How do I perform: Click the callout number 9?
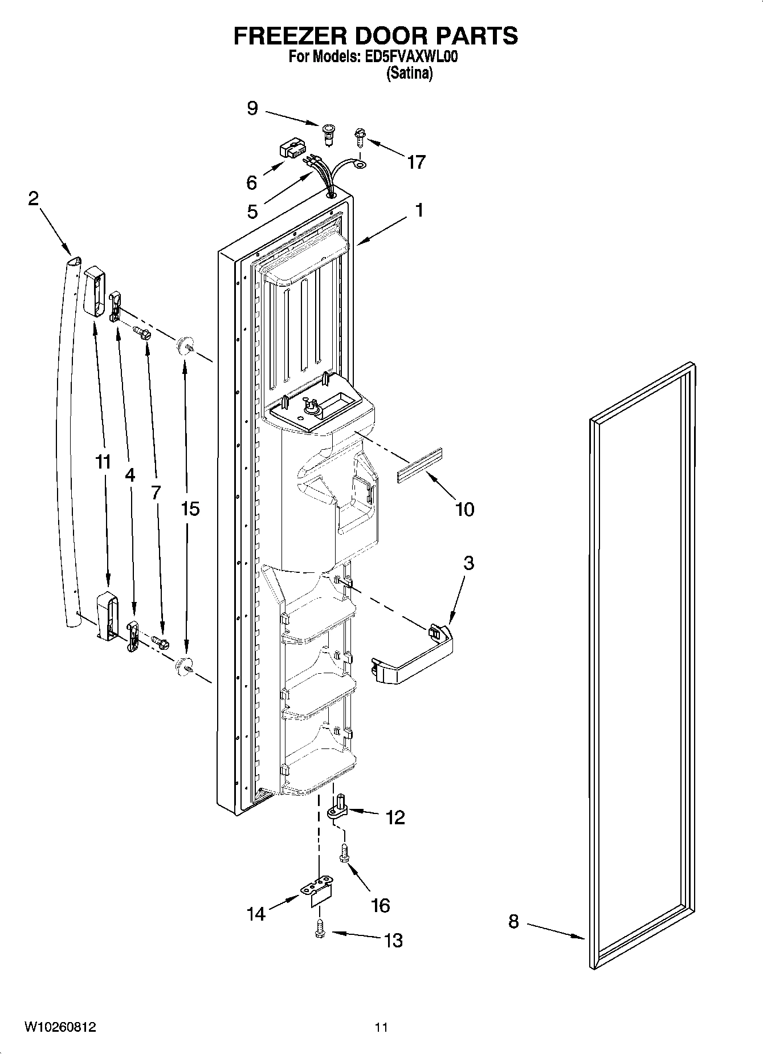(x=252, y=108)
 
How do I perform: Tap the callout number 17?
(x=416, y=162)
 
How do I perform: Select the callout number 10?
(x=464, y=509)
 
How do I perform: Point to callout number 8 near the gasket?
(x=513, y=922)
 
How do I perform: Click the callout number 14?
(x=256, y=914)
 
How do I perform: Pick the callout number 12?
(x=394, y=817)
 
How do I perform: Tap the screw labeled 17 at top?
(x=360, y=135)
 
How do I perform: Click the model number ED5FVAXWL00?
(x=410, y=57)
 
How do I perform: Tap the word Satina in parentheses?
(x=409, y=74)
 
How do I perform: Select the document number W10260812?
(x=60, y=1027)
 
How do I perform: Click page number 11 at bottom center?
(x=381, y=1028)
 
